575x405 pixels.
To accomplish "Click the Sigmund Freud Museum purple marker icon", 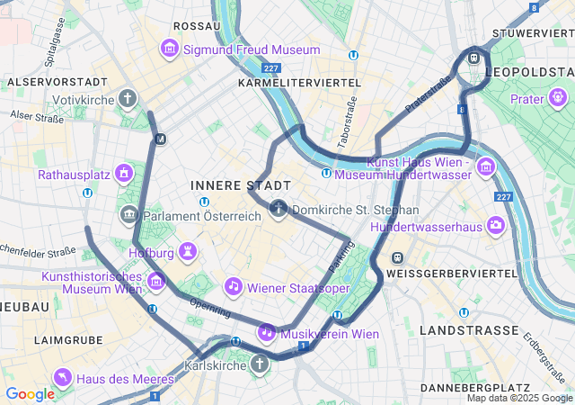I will pyautogui.click(x=169, y=49).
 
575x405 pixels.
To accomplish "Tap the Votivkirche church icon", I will pyautogui.click(x=128, y=97).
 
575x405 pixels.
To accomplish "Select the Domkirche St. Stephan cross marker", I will pyautogui.click(x=279, y=210).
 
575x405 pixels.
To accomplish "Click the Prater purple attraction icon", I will pyautogui.click(x=559, y=96).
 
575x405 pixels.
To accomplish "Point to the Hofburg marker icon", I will pyautogui.click(x=188, y=249).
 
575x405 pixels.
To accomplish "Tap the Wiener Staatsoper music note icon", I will pyautogui.click(x=233, y=286).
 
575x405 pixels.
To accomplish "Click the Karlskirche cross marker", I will pyautogui.click(x=260, y=364).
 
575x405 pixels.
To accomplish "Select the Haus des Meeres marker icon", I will pyautogui.click(x=62, y=376).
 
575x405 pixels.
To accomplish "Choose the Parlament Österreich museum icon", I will pyautogui.click(x=128, y=215).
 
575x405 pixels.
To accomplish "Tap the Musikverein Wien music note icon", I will pyautogui.click(x=267, y=332).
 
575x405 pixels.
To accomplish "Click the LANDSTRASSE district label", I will pyautogui.click(x=468, y=331).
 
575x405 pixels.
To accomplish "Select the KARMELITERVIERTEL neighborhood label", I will pyautogui.click(x=299, y=82).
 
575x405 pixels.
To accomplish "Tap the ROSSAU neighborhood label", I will pyautogui.click(x=197, y=26).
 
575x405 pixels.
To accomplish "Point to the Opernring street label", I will pyautogui.click(x=211, y=308).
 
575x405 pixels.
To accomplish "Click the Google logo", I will pyautogui.click(x=30, y=393).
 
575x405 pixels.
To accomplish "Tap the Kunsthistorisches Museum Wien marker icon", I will pyautogui.click(x=156, y=283).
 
